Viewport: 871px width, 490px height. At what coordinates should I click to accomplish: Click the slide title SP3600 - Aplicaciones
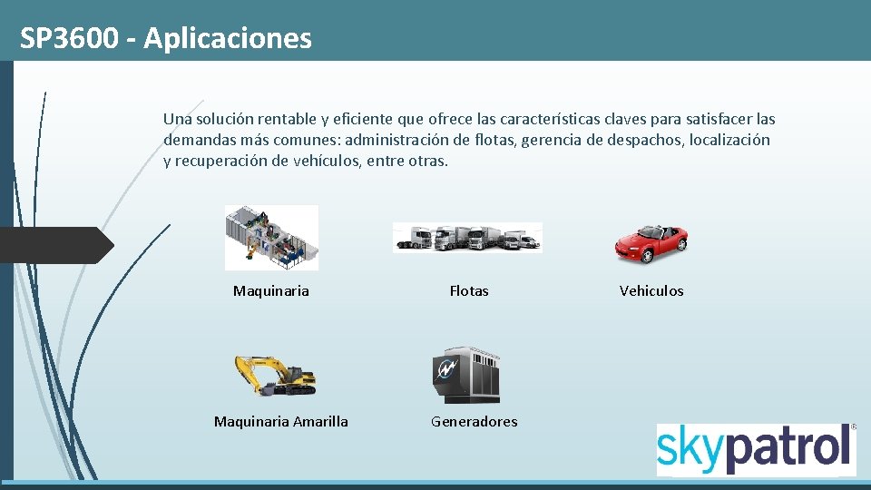tap(166, 38)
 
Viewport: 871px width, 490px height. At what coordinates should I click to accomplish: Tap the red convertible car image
tap(651, 240)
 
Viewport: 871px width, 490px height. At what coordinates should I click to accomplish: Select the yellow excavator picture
tap(275, 375)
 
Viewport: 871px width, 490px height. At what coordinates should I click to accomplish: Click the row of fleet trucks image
tap(467, 237)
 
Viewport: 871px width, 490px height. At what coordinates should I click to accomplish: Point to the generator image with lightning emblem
tap(465, 374)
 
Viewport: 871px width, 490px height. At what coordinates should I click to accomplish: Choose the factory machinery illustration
tap(271, 238)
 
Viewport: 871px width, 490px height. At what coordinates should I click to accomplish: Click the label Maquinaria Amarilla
tap(280, 421)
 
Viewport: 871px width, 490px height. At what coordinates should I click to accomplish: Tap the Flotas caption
tap(469, 290)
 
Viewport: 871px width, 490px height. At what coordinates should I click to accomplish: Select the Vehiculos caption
tap(651, 290)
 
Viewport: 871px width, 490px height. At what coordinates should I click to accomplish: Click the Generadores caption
tap(475, 421)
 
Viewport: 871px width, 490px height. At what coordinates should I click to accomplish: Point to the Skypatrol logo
tap(756, 448)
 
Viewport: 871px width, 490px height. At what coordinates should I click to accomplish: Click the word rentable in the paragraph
tap(287, 119)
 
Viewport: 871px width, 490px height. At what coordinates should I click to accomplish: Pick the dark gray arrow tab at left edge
tap(54, 245)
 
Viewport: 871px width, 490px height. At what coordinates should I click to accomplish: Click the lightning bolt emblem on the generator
tap(445, 369)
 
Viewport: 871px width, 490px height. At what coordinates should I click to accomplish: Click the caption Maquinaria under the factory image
tap(271, 290)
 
